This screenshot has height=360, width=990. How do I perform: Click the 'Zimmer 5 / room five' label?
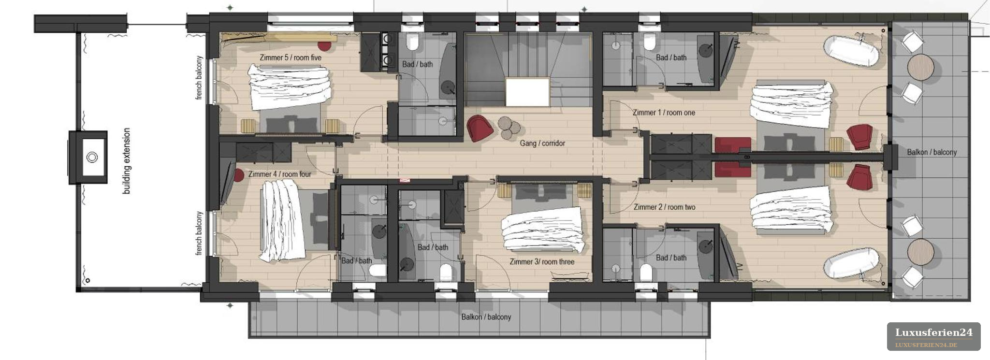point(291,58)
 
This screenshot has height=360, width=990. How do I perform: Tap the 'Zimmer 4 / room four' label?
point(280,174)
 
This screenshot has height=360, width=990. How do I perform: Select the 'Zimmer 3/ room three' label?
point(542,262)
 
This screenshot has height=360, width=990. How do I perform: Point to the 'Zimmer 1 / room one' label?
point(664,113)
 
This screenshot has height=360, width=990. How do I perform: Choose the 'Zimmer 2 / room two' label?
point(664,207)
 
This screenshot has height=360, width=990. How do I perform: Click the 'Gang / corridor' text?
point(542,143)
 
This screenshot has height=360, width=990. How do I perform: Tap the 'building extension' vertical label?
point(127,161)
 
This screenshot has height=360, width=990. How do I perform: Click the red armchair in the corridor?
point(480,128)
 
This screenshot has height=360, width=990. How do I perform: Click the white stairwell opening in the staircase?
point(527,92)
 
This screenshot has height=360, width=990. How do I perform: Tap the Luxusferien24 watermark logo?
point(933,337)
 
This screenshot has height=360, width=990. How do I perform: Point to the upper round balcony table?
point(920,67)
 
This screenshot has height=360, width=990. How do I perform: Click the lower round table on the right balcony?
point(920,251)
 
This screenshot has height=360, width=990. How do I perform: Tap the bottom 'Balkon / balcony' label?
point(486,317)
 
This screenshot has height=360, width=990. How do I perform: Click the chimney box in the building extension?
point(88,157)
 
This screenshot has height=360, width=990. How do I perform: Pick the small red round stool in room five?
point(324,45)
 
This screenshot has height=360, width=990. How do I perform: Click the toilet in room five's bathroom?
point(412,43)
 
